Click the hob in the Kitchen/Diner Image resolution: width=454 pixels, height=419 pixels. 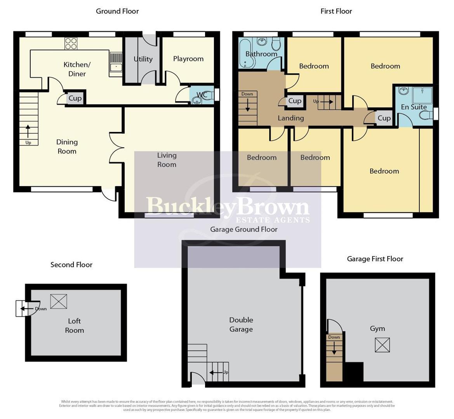(x=71, y=43)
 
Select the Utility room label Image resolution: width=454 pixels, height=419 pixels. (x=143, y=59)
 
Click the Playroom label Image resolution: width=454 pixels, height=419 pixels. (x=188, y=59)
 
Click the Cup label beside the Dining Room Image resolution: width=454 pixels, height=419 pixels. (x=75, y=98)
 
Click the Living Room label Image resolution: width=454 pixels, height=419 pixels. (x=167, y=160)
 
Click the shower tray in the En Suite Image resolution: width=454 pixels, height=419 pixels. (x=421, y=95)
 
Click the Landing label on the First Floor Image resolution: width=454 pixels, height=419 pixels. (x=290, y=118)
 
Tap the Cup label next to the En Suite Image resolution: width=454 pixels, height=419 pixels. (x=384, y=118)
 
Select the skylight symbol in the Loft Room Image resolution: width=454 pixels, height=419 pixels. (x=59, y=301)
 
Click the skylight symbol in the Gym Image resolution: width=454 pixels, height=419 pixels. (x=382, y=345)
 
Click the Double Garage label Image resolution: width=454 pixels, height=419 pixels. (x=241, y=324)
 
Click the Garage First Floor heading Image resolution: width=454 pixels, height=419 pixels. (x=375, y=259)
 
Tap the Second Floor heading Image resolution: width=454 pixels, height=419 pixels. (x=71, y=265)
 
